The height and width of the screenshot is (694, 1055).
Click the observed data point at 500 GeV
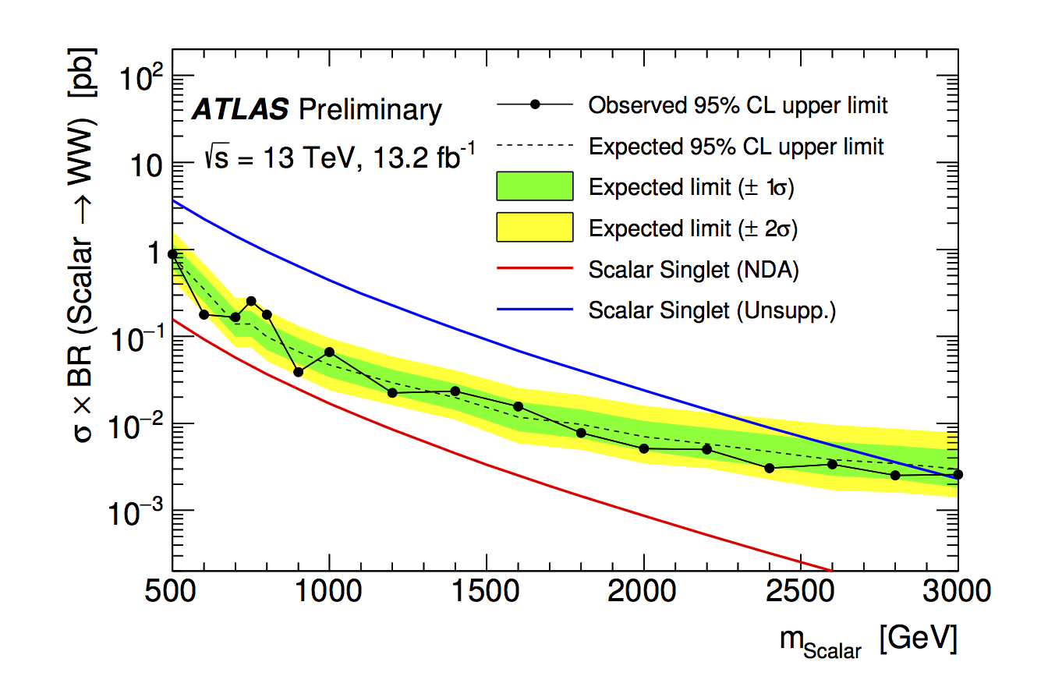(x=172, y=254)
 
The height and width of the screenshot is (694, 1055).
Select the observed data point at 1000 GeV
(x=329, y=352)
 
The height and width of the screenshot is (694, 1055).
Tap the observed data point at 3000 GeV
(x=958, y=474)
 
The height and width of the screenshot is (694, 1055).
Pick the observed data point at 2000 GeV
(x=644, y=448)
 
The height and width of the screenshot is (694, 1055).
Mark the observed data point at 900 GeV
(x=298, y=372)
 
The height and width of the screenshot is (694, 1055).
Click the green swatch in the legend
(x=534, y=186)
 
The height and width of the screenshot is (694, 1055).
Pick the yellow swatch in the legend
(x=534, y=228)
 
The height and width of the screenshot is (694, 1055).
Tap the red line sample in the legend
(x=534, y=270)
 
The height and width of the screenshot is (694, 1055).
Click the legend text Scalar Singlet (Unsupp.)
(x=712, y=310)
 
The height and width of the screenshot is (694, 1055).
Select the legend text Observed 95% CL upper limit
(x=738, y=104)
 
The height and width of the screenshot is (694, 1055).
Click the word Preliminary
(x=370, y=110)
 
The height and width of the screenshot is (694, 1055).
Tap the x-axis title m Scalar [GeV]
(x=867, y=641)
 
